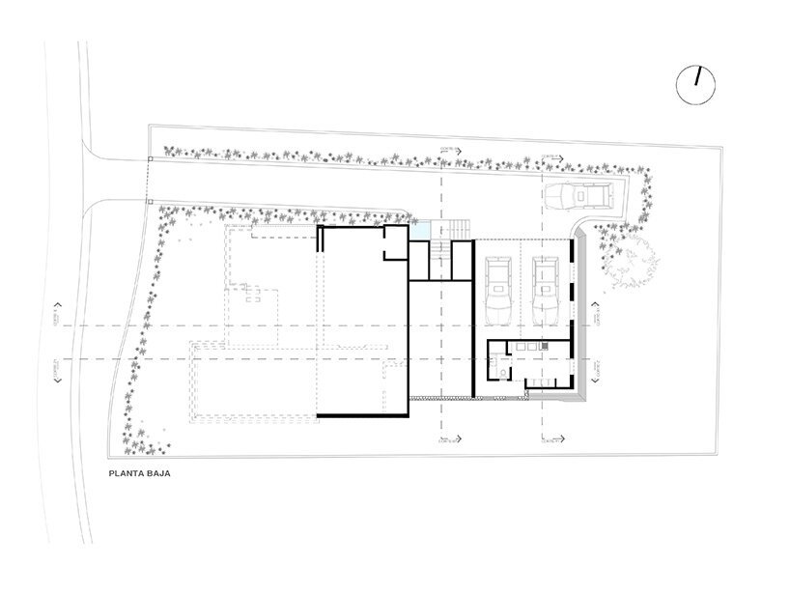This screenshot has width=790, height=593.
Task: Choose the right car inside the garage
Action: tap(547, 289)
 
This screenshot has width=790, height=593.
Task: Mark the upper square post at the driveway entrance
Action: tap(150, 159)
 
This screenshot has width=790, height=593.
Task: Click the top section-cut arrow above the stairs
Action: tap(449, 151)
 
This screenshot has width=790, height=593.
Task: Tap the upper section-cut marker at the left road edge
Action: tap(59, 318)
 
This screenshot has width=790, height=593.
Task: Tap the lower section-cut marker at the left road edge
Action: tap(59, 370)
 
